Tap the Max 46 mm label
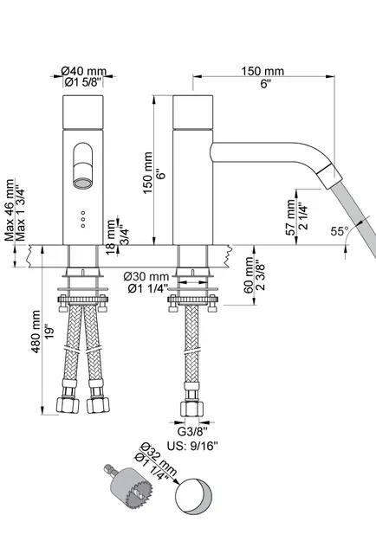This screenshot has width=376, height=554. (x=10, y=210)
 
